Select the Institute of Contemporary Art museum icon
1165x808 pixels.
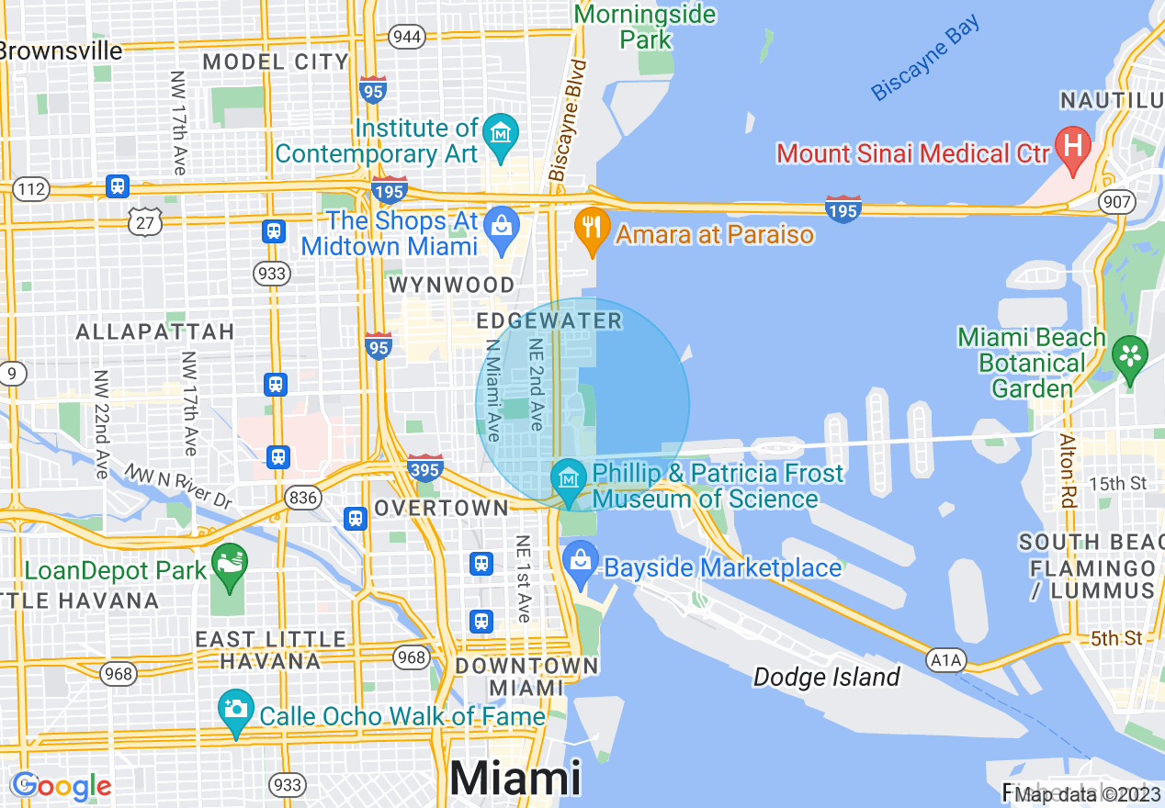(x=502, y=134)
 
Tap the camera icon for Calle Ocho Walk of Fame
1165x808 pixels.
(x=236, y=710)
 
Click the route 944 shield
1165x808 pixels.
(x=405, y=37)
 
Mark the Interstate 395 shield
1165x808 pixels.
(x=424, y=468)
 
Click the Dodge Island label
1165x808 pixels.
(x=826, y=678)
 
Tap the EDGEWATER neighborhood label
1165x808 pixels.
(x=549, y=321)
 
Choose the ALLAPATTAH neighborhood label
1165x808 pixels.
(x=155, y=331)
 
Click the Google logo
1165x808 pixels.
(x=62, y=786)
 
